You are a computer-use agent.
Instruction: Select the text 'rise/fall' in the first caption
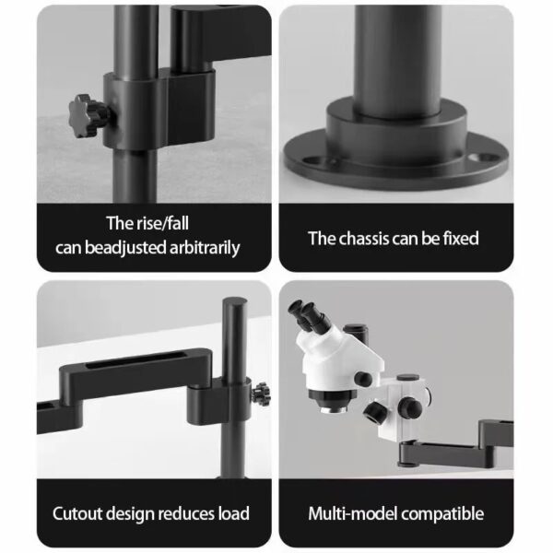point(171,223)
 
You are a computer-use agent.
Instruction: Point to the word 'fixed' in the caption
point(458,239)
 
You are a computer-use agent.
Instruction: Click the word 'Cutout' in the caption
point(80,513)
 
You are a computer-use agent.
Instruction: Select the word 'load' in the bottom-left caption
point(231,513)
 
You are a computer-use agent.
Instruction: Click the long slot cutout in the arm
point(124,371)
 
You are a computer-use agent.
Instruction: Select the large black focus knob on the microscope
point(377,410)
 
